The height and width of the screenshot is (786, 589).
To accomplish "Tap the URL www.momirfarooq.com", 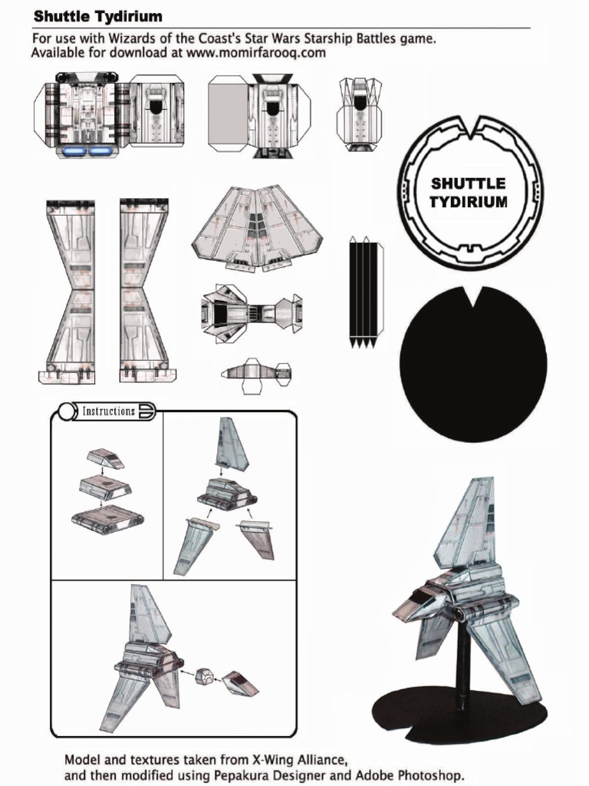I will (x=256, y=53).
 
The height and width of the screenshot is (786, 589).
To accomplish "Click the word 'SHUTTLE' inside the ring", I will (x=469, y=183).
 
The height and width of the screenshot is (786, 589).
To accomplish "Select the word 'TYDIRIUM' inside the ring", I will (x=469, y=202).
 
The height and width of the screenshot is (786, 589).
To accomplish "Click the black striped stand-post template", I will (x=364, y=292).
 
